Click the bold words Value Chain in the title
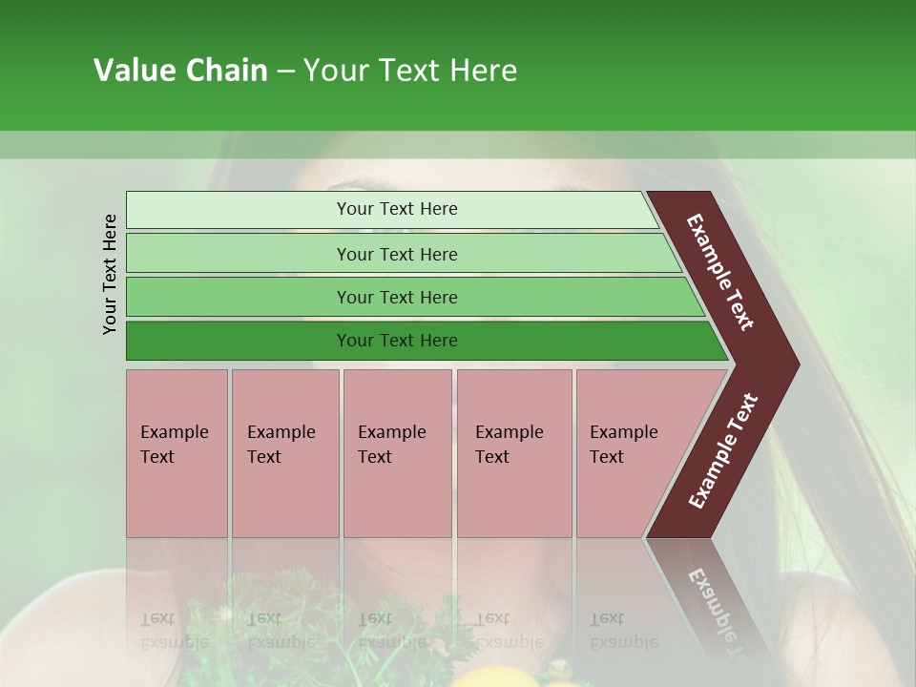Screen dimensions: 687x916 coord(180,71)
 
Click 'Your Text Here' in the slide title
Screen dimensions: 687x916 coord(410,71)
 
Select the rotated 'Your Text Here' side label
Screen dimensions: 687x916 coord(110,274)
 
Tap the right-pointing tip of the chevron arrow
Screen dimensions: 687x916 coord(788,364)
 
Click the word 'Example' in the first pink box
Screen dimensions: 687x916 coord(174,432)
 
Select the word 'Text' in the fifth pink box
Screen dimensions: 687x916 coord(607,457)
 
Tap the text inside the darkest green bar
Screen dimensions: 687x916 coord(397,341)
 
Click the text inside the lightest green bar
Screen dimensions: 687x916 coord(397,209)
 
